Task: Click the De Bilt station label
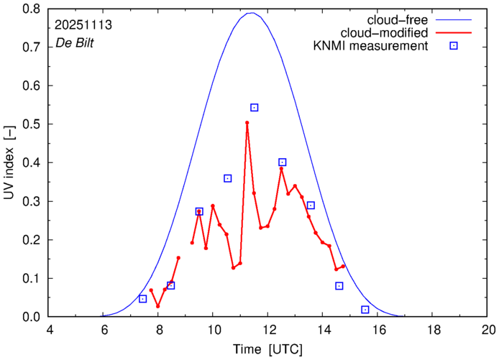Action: (x=75, y=44)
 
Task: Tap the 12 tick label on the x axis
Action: (x=268, y=330)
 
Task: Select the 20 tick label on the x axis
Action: (x=488, y=330)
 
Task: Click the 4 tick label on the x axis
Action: (x=49, y=330)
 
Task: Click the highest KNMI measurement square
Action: (x=255, y=108)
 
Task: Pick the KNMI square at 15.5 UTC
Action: (x=365, y=310)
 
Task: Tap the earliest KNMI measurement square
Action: (x=142, y=299)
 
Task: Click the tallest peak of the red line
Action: (x=247, y=122)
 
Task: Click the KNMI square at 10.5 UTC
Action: (x=227, y=178)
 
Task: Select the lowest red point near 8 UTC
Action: (x=158, y=306)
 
